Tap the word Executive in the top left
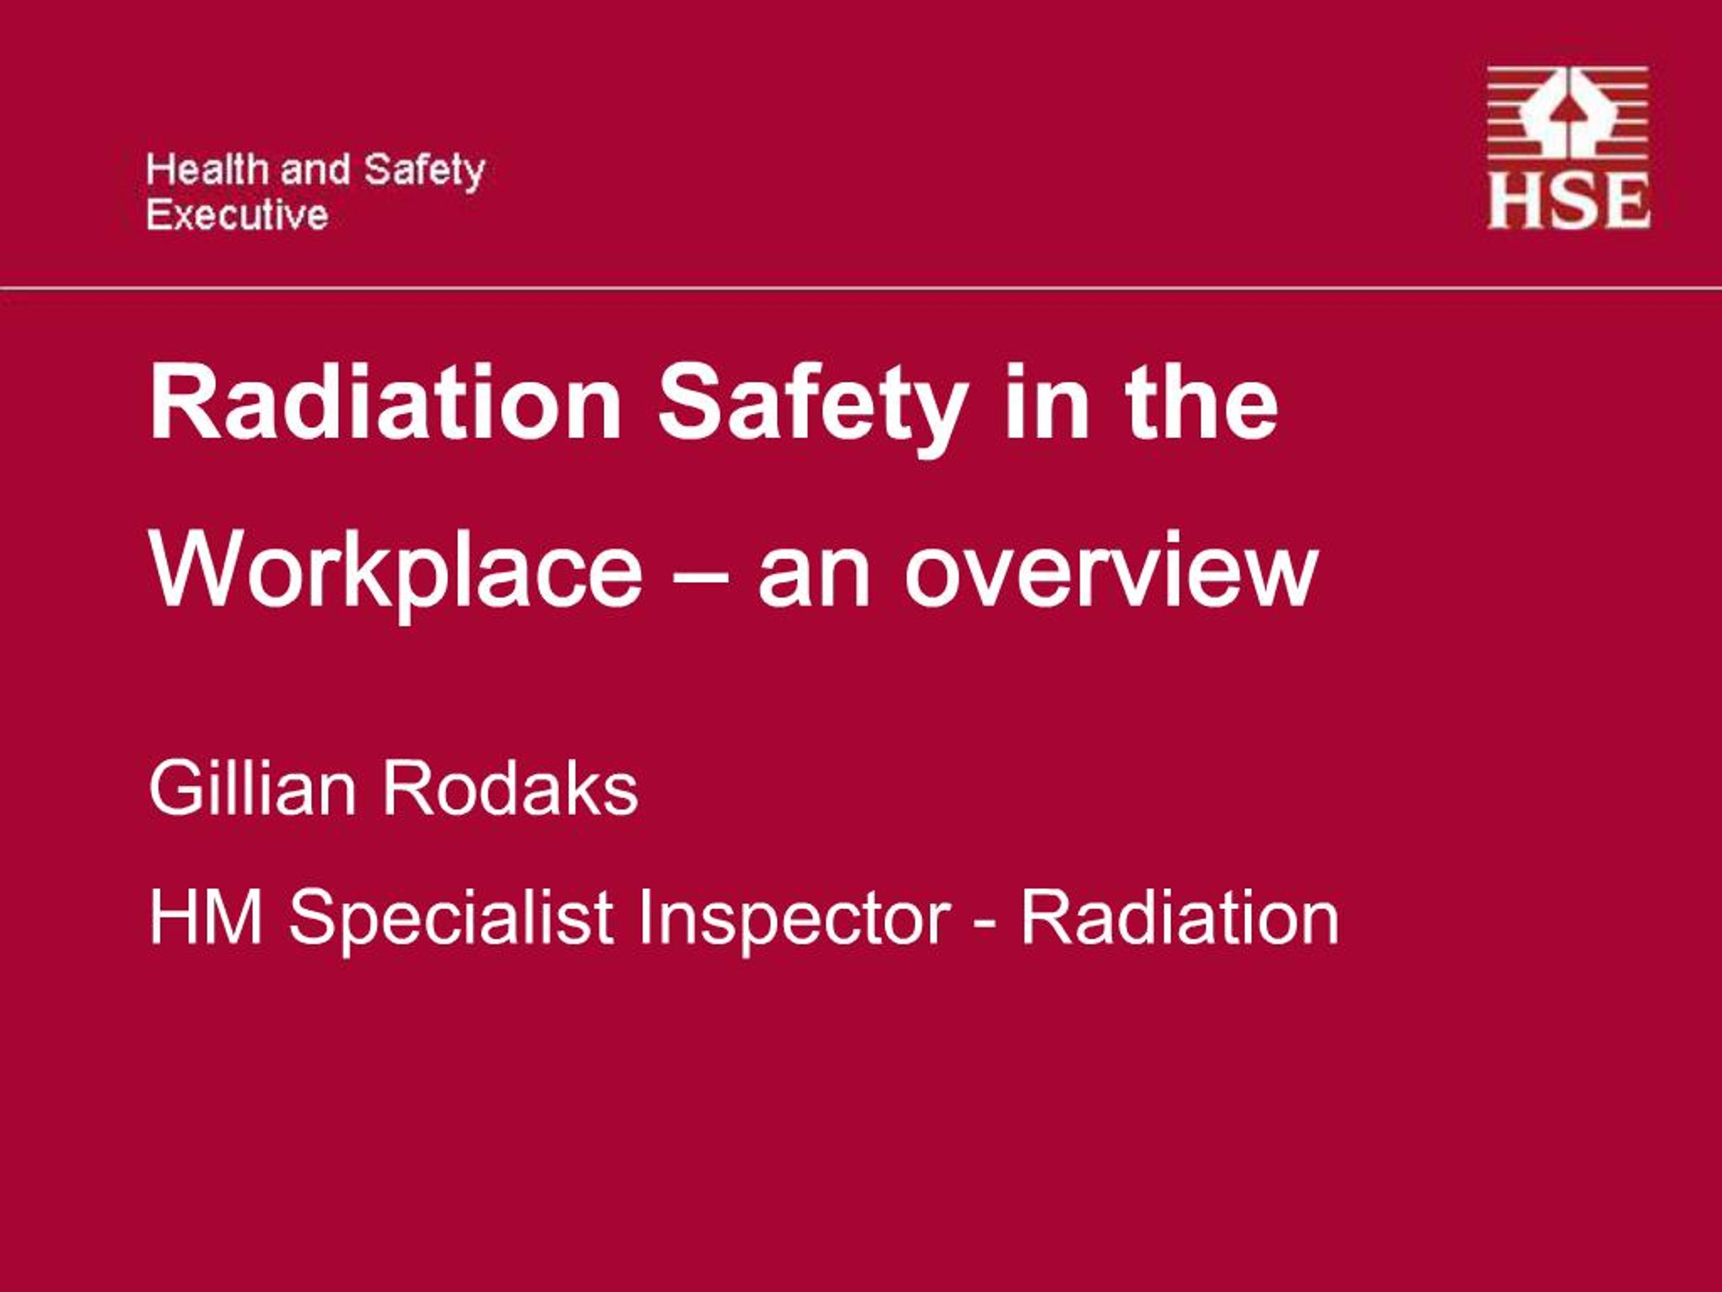(237, 214)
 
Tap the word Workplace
(396, 573)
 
